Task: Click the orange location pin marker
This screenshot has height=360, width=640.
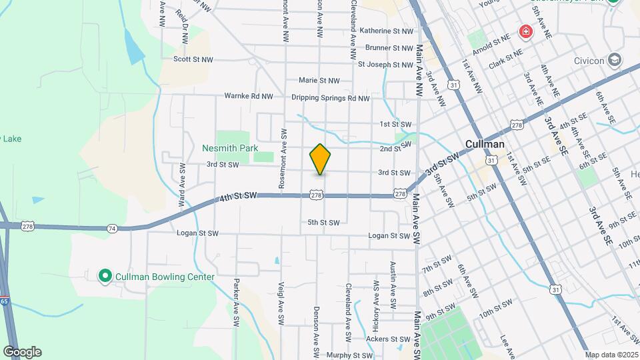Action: [x=320, y=159]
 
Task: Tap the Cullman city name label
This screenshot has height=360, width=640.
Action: [x=485, y=144]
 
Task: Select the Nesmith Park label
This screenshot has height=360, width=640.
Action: [x=230, y=148]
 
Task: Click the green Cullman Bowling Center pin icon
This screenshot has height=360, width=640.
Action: [x=105, y=276]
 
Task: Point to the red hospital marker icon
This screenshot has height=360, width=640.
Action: [x=526, y=32]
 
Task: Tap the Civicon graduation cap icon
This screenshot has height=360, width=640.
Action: [x=615, y=61]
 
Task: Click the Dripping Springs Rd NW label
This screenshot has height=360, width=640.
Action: [x=330, y=98]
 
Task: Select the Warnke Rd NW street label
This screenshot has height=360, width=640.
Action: [x=249, y=96]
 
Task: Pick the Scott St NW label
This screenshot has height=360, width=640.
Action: [x=193, y=59]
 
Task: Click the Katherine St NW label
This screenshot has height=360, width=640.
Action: [x=386, y=31]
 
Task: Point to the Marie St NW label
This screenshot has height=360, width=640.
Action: [x=319, y=81]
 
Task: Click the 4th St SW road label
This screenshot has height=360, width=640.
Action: [x=238, y=196]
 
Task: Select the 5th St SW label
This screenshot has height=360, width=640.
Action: [x=323, y=223]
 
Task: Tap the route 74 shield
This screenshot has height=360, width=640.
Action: [x=112, y=229]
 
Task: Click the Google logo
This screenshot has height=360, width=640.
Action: [x=22, y=352]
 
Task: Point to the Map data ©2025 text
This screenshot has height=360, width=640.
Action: [x=612, y=355]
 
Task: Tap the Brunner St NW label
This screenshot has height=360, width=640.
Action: [x=389, y=48]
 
